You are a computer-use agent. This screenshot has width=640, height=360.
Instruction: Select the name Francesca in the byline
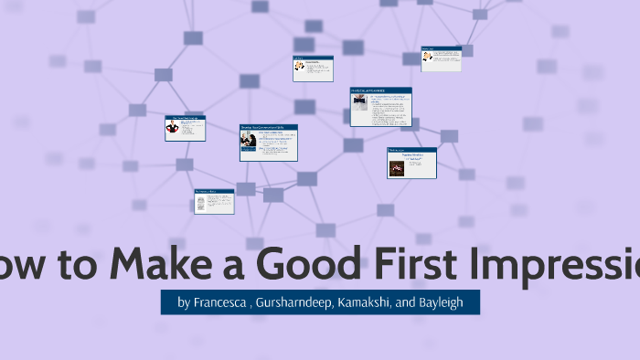click(x=219, y=302)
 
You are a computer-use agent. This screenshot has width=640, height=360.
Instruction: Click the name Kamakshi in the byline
click(x=365, y=302)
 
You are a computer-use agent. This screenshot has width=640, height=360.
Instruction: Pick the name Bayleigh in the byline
click(x=442, y=302)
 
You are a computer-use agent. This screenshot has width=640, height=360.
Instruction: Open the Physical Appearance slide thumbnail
click(x=380, y=107)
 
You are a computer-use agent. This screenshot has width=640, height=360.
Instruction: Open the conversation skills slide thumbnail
click(x=268, y=143)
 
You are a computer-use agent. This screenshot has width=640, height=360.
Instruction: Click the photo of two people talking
click(x=247, y=139)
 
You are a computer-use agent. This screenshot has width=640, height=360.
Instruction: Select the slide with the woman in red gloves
click(x=185, y=128)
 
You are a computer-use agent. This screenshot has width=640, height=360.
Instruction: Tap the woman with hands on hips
click(x=172, y=129)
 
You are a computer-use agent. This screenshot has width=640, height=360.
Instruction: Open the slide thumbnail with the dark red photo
click(x=411, y=163)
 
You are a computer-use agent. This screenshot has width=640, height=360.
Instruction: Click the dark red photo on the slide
click(x=400, y=167)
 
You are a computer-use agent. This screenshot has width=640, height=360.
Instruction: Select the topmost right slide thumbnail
click(x=441, y=59)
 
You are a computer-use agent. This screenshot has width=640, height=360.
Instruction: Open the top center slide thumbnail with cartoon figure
click(x=312, y=69)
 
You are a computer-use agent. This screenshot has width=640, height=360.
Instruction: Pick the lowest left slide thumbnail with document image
click(x=214, y=201)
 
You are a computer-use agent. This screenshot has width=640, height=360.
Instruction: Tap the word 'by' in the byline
click(x=184, y=302)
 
